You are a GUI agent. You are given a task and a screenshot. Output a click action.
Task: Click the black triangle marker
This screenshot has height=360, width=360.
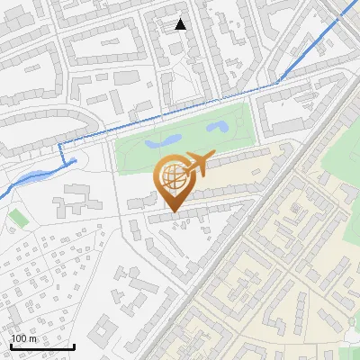(x=181, y=24)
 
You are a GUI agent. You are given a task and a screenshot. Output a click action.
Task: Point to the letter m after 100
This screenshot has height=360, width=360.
(x=32, y=339)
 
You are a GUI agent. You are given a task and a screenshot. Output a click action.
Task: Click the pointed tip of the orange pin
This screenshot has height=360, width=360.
(x=171, y=212)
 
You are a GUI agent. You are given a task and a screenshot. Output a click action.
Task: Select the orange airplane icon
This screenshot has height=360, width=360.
(x=198, y=165)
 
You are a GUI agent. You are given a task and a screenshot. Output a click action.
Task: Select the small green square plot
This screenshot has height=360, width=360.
(x=18, y=218)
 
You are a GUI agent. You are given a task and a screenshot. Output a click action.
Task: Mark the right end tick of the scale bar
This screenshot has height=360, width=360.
(x=74, y=346)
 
